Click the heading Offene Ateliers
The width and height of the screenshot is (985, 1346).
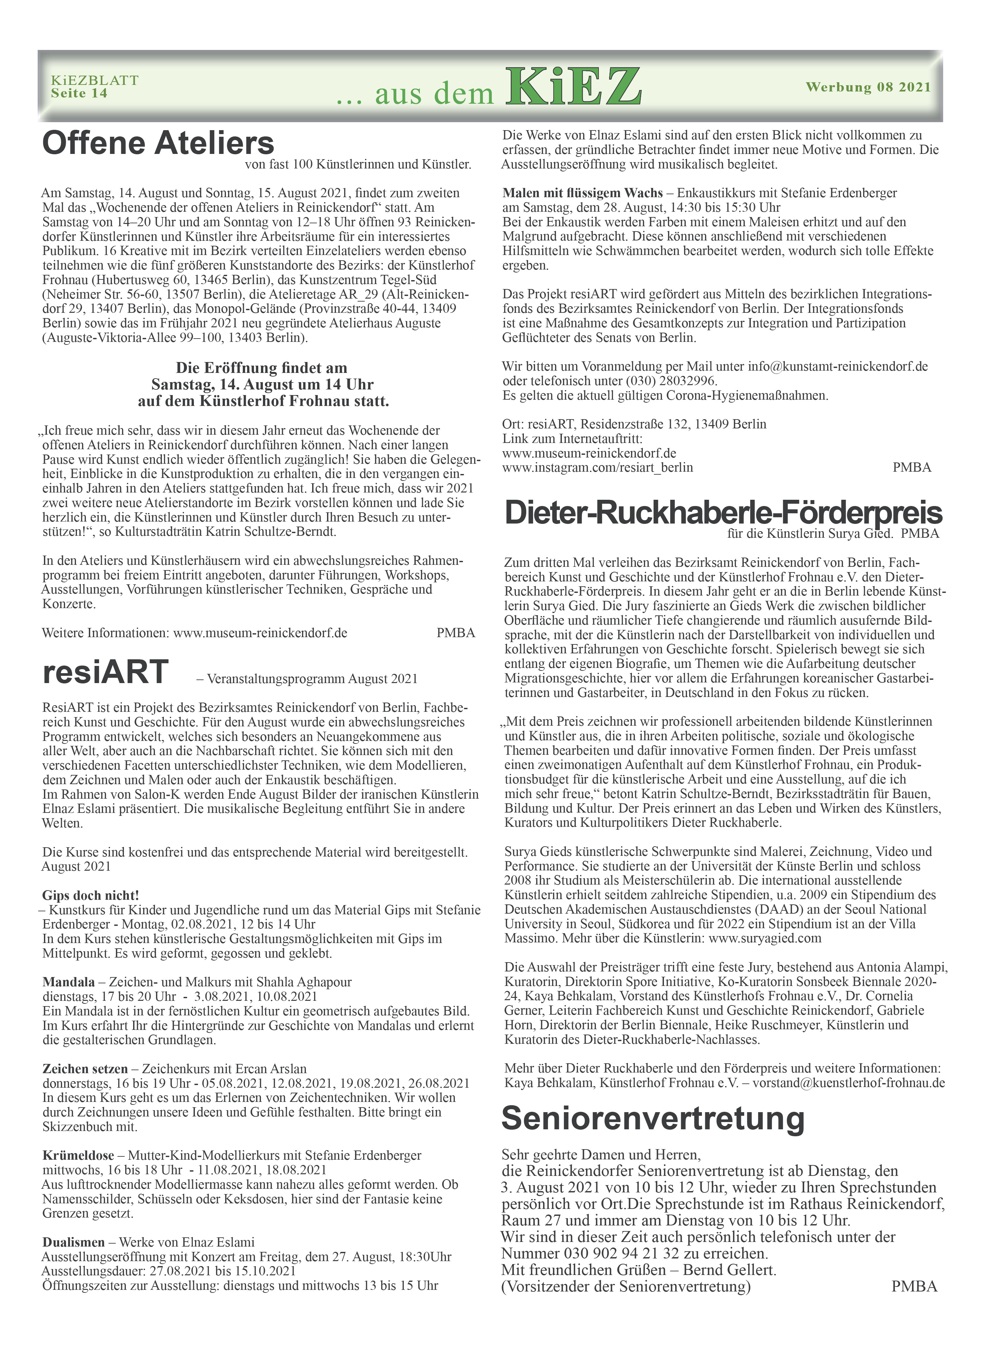158,143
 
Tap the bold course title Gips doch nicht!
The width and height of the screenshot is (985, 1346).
91,895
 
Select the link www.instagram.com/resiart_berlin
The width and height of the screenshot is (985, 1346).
598,467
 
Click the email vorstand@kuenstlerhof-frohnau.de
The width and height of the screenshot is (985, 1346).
849,1082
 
